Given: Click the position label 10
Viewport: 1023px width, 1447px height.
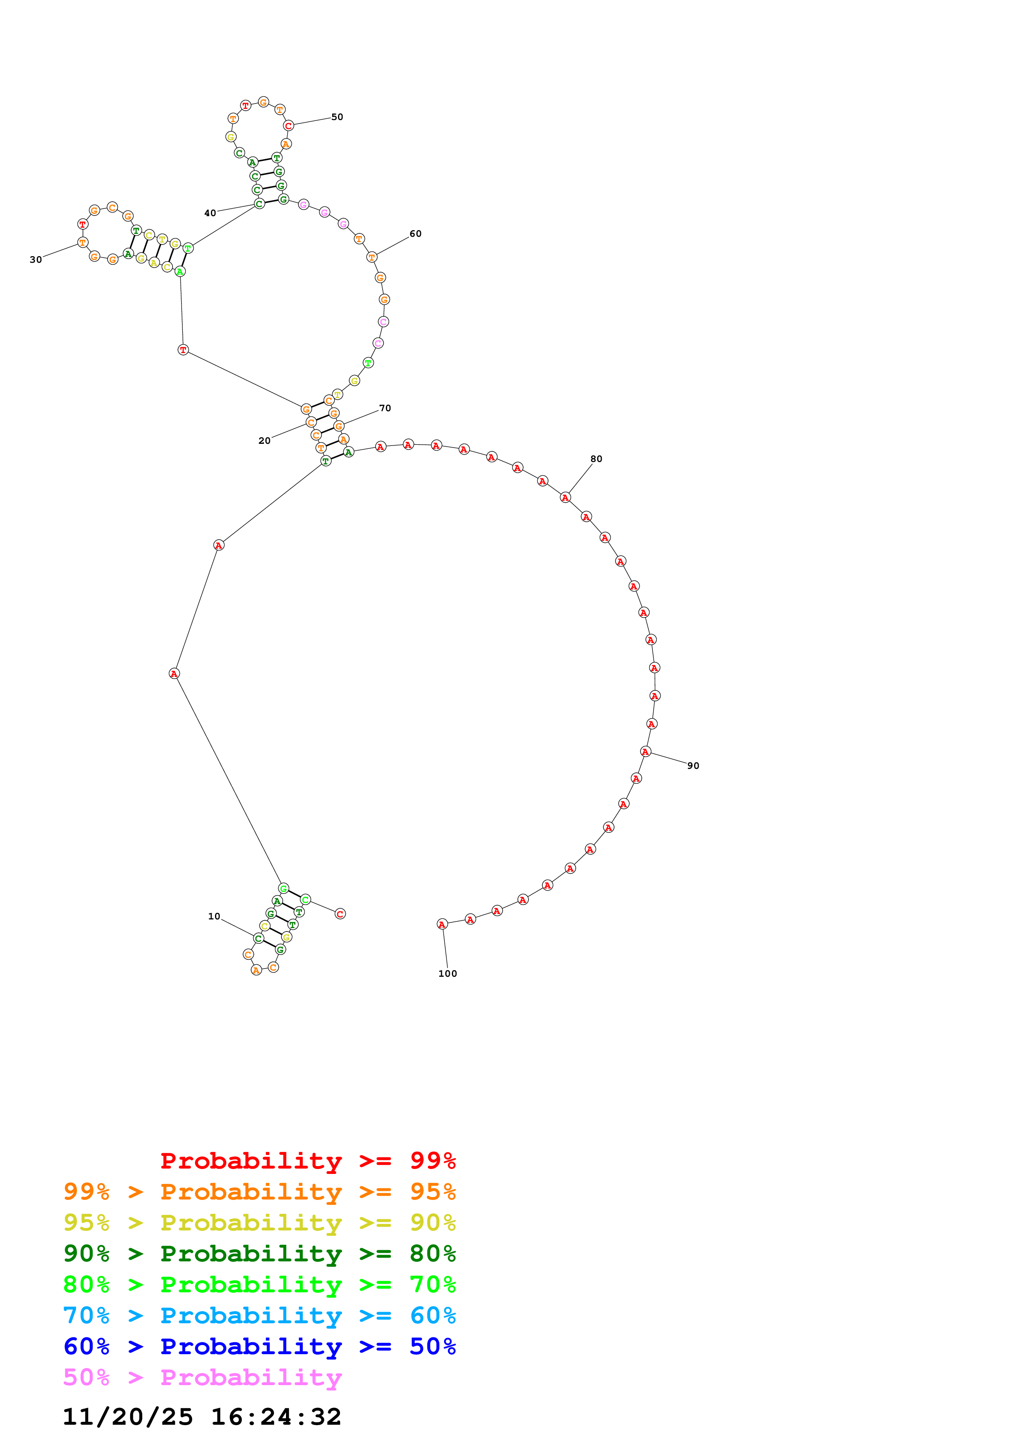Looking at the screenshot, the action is [x=214, y=917].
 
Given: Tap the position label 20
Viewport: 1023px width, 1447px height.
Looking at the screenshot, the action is [x=264, y=441].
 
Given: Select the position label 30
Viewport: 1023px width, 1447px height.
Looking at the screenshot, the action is [x=36, y=259].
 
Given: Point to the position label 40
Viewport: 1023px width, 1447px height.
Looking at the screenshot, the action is [x=210, y=213].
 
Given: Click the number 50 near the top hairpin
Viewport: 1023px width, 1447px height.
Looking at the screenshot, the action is [x=337, y=117].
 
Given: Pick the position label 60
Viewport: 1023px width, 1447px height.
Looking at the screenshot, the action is [x=416, y=234].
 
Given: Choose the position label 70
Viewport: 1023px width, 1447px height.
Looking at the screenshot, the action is [x=385, y=408].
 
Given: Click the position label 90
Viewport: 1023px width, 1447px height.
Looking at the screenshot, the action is [x=693, y=766].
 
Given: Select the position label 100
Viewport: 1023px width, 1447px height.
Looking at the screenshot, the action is [x=447, y=974].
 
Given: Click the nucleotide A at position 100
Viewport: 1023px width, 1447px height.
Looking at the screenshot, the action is [x=442, y=924].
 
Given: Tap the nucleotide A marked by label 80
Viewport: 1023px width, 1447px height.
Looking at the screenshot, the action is [x=565, y=498].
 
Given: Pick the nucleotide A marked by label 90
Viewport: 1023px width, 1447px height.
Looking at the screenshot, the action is [x=645, y=752].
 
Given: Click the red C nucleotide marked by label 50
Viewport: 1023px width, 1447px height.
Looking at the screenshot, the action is [x=289, y=126].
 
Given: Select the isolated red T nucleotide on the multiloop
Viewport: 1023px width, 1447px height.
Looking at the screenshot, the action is [x=183, y=350].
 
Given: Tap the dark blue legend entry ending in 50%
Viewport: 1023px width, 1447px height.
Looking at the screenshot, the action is [x=260, y=1346].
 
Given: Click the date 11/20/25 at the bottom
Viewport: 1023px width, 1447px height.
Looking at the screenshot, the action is [x=128, y=1417].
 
